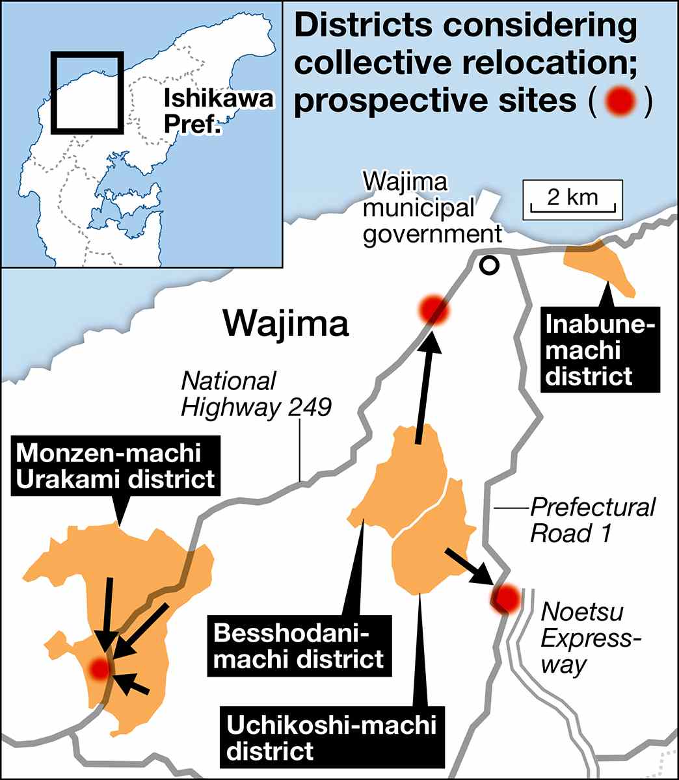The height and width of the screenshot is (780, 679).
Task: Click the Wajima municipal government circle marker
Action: tap(488, 265)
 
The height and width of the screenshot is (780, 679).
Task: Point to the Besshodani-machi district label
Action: tap(299, 645)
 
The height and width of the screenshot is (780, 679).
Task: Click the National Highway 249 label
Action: tap(256, 395)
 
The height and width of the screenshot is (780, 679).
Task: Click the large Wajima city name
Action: tap(286, 323)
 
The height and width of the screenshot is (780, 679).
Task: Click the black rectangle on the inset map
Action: tap(87, 92)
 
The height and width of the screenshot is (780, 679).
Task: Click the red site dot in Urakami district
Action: tap(99, 668)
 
